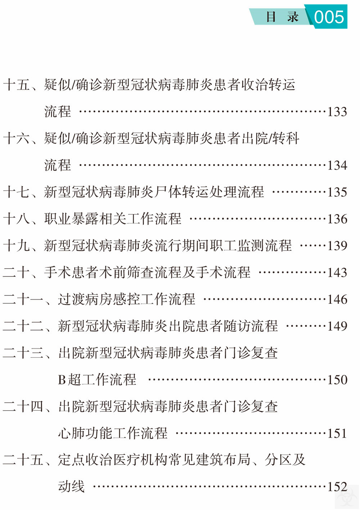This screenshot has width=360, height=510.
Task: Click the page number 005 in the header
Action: pos(329,17)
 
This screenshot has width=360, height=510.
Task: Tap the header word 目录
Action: pos(282,17)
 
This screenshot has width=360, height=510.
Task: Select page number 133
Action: pos(337,112)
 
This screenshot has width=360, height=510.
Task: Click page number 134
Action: pos(337,165)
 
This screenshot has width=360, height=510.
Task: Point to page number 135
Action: pos(337,192)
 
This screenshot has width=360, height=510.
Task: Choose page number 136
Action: pos(337,219)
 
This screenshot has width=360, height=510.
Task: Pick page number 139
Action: pos(337,245)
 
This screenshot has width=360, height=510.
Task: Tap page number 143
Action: pos(337,272)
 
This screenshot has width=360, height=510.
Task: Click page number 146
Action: pos(337,299)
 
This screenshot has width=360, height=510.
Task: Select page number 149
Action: pos(337,326)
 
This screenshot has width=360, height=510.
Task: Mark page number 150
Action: pos(337,380)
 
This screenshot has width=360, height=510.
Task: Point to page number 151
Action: pos(337,433)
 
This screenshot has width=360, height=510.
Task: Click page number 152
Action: pos(337,487)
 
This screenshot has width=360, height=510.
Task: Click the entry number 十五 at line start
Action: pos(17,85)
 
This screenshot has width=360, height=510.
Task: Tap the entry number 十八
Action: pos(17,219)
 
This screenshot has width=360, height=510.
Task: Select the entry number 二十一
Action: pos(23,299)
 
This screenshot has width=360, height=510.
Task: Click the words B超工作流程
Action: pos(97,380)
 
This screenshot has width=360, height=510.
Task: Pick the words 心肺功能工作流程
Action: pos(113,433)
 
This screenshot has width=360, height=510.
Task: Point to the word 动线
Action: pos(71,487)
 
